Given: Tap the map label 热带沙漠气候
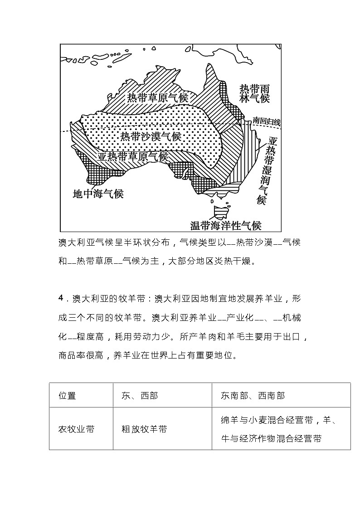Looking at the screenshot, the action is (x=151, y=136).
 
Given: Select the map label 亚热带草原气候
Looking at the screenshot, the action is (x=132, y=156).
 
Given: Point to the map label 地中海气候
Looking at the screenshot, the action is (x=98, y=194).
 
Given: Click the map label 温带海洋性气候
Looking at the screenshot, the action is (x=226, y=225).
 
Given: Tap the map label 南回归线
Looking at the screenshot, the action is (x=267, y=121).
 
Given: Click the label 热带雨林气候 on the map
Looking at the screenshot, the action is (x=254, y=93).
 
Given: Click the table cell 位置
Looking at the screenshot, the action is (x=68, y=395).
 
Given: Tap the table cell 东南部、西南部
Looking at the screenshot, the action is (x=253, y=395).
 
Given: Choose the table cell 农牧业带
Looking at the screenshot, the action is (x=77, y=429).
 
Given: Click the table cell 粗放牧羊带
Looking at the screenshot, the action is (x=144, y=429).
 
